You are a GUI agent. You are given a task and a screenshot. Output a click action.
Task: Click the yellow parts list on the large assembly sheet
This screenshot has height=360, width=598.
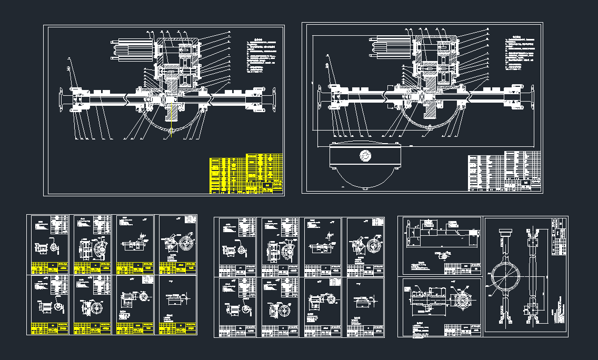click(x=246, y=174)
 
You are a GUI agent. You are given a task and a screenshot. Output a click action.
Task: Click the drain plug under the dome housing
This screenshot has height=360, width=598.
click(x=364, y=187)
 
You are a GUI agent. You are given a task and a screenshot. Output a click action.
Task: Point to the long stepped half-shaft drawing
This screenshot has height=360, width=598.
click(x=441, y=234)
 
